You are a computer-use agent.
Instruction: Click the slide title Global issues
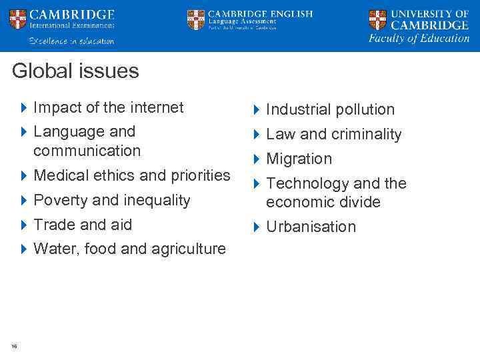tap(75, 71)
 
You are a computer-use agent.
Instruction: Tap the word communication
tap(87, 151)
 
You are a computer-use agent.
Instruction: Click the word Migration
tap(299, 159)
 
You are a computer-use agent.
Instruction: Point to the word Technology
tap(307, 183)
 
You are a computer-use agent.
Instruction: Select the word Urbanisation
tap(311, 227)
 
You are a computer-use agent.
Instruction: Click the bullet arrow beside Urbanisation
tap(256, 227)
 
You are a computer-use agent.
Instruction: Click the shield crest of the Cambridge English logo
tap(196, 20)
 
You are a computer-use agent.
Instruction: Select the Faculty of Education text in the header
tap(419, 39)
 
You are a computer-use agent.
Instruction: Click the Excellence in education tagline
tap(71, 41)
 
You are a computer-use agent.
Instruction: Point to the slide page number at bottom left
tap(14, 345)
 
